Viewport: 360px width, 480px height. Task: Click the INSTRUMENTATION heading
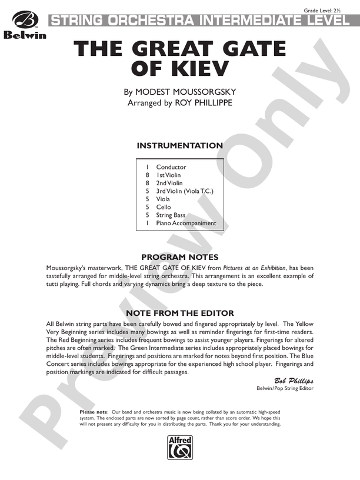click(x=179, y=146)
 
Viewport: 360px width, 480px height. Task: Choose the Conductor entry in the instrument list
click(x=171, y=167)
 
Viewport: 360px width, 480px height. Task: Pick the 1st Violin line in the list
click(x=168, y=175)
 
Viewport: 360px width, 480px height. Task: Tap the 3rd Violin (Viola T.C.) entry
click(x=184, y=191)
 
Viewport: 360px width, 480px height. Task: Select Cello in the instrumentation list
click(x=164, y=207)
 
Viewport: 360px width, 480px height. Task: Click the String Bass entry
click(x=171, y=215)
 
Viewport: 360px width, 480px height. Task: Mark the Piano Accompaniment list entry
click(x=186, y=224)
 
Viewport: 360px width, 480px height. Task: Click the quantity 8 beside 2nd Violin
click(x=147, y=183)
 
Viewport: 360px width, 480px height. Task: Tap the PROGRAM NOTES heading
click(x=180, y=257)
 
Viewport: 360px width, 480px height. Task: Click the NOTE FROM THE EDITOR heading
click(x=180, y=313)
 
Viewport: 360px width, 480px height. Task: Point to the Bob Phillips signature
click(x=294, y=381)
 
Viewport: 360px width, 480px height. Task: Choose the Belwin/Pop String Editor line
click(x=285, y=388)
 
